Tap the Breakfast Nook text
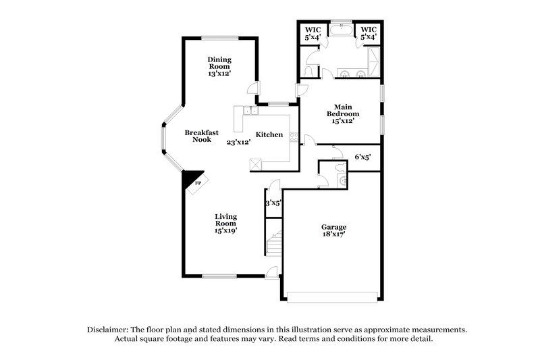(x=202, y=136)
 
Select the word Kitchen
(x=269, y=134)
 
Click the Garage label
(x=333, y=228)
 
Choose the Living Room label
(x=225, y=223)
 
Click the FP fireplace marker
(x=198, y=183)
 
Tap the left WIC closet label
(x=313, y=33)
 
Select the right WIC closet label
(x=368, y=33)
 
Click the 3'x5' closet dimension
(x=273, y=203)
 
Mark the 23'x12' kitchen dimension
(x=239, y=143)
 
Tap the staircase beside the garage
(x=273, y=241)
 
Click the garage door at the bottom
(x=332, y=295)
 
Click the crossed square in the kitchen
(x=256, y=163)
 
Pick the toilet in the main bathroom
(x=310, y=71)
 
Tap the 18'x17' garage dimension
(x=333, y=236)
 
